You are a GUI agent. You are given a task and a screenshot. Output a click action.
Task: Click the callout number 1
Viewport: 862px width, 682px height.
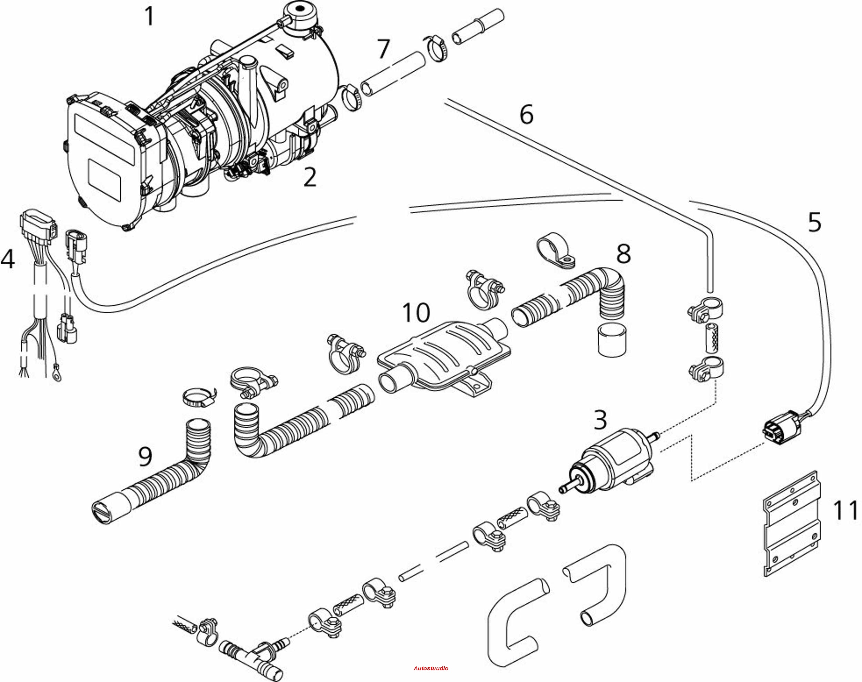(x=149, y=17)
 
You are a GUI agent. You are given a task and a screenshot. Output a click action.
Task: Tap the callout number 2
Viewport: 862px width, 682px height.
(x=310, y=177)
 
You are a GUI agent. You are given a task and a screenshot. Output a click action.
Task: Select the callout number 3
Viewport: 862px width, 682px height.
(x=600, y=420)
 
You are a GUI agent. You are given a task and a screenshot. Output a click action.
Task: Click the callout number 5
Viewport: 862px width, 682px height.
(x=814, y=222)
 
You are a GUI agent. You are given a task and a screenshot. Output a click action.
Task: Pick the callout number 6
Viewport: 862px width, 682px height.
(x=527, y=114)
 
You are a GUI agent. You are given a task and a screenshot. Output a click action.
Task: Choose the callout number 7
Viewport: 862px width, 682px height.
(x=383, y=48)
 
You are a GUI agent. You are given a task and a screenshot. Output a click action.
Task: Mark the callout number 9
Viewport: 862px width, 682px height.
(x=146, y=456)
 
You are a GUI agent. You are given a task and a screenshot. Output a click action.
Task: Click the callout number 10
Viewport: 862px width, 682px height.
(x=416, y=312)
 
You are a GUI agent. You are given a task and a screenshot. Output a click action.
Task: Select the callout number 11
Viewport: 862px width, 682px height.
(x=845, y=510)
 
